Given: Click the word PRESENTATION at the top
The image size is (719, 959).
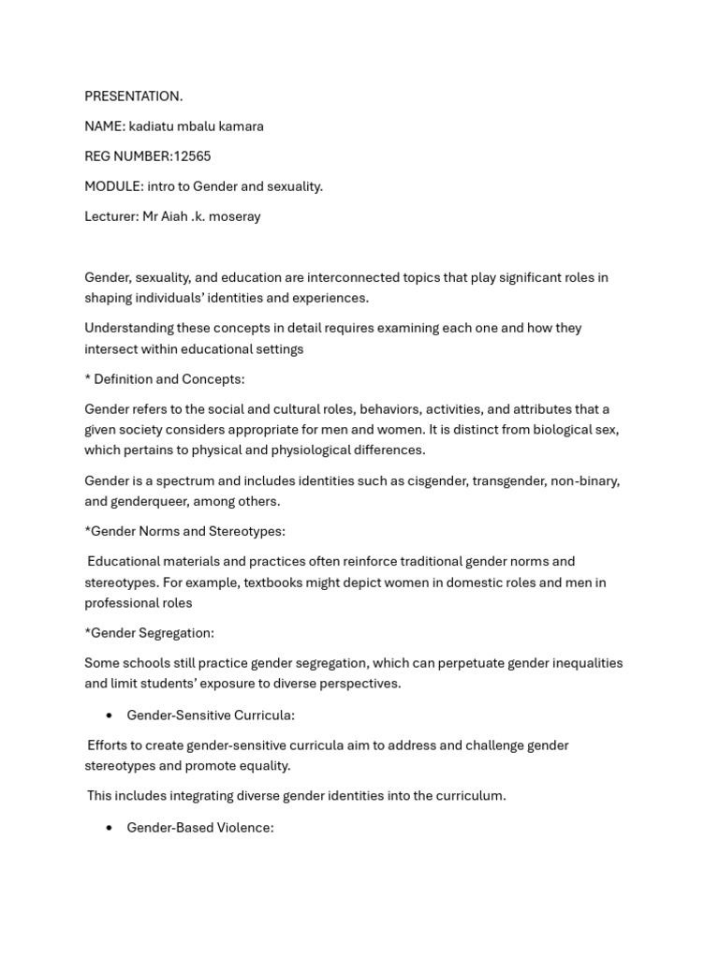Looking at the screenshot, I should coord(132,96).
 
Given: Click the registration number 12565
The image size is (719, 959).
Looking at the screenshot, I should coord(192,156).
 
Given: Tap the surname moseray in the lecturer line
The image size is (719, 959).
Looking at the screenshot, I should coord(234,216).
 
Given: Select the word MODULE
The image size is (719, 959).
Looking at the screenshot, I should coord(111,186).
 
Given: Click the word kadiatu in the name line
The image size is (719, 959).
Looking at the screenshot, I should coord(152,126).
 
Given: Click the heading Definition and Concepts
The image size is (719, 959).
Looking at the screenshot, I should coord(169,379).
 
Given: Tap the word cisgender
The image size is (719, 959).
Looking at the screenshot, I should coord(436,480).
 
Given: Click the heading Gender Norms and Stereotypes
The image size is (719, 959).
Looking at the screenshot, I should coord(187,531).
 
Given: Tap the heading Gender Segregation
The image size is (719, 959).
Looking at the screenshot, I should coord(152,633).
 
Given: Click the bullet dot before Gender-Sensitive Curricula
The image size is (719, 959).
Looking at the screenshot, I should coord(110,716).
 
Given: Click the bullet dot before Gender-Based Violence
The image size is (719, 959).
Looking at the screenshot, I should coord(110,828).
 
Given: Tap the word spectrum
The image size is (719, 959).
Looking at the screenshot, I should coord(172,480).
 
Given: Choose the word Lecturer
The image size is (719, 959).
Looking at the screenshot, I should coord(110,216).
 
